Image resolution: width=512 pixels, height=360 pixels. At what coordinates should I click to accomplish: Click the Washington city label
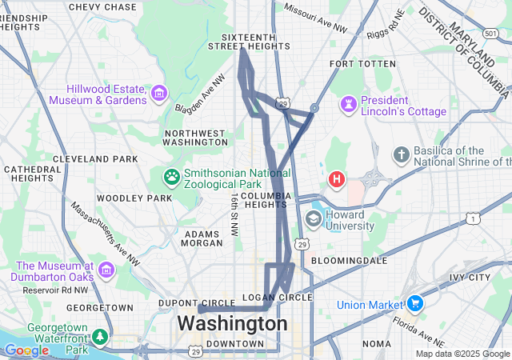[232, 324]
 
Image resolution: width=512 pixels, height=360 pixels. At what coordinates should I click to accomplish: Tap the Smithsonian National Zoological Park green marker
[171, 176]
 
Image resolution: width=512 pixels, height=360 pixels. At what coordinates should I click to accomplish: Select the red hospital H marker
[338, 180]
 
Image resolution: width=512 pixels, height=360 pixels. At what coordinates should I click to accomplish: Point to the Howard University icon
[314, 219]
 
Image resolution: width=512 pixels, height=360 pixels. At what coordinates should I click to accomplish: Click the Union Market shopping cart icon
[414, 304]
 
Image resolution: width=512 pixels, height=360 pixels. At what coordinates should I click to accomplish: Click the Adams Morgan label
[202, 238]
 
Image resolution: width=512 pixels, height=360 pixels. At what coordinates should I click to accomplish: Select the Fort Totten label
[362, 63]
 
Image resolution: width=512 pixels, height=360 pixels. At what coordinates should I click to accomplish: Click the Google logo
[26, 350]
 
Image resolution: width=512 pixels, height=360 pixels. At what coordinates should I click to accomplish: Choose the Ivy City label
[470, 278]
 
